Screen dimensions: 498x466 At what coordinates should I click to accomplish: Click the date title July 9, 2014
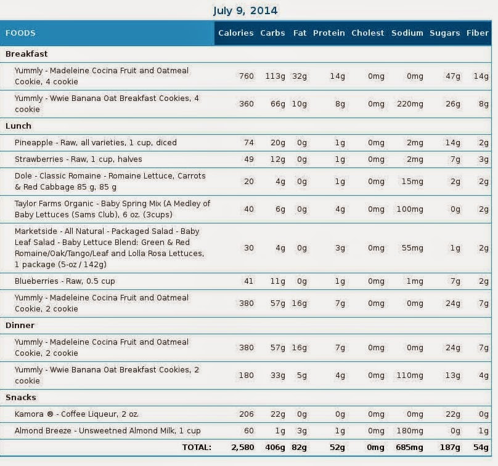point(245,10)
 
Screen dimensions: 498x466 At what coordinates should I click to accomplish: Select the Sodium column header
point(407,33)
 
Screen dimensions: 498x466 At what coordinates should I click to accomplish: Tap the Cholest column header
point(367,33)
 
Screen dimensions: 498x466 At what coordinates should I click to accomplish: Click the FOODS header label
point(20,33)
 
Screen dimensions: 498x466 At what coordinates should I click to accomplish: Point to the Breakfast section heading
point(27,54)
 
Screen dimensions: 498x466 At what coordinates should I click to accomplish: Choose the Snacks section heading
point(20,398)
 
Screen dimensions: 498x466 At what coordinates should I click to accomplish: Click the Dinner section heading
point(20,326)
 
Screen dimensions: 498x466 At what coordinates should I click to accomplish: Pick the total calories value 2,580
point(243,448)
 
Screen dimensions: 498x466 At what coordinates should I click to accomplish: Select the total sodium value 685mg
point(409,448)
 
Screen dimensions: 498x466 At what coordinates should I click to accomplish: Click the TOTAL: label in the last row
point(197,448)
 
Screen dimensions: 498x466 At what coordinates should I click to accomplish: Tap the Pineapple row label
point(96,143)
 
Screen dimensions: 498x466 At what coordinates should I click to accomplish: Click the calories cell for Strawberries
point(248,159)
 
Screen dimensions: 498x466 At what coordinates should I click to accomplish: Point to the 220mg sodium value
point(410,104)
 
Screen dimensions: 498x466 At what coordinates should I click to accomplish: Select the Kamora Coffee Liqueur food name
point(76,414)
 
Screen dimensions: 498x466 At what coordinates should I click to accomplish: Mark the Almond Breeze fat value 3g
point(302,431)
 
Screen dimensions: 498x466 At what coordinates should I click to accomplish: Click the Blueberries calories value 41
point(248,281)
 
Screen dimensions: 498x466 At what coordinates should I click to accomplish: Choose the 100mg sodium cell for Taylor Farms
point(410,209)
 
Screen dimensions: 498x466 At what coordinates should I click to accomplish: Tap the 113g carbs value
point(275,76)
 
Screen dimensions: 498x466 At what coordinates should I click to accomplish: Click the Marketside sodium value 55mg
point(412,248)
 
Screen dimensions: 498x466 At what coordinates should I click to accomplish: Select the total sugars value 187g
point(450,448)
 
